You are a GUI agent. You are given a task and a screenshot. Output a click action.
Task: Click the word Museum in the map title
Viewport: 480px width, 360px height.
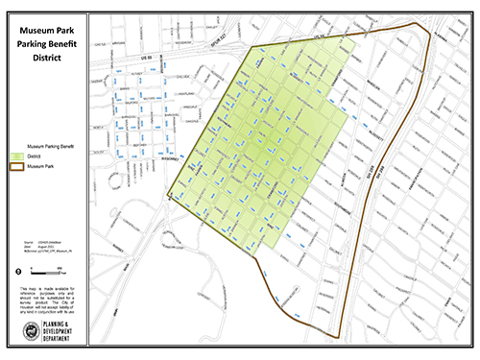[30, 29]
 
